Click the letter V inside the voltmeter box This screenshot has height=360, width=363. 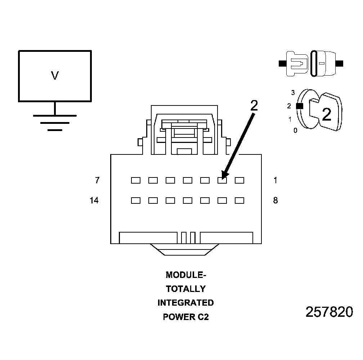[x=55, y=76]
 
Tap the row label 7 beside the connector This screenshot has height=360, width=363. [x=97, y=180]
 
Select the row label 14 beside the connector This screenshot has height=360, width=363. [x=94, y=201]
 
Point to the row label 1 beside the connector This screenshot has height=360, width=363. [x=275, y=180]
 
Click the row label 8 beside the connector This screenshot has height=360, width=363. [x=275, y=201]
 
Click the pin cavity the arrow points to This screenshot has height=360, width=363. [x=222, y=180]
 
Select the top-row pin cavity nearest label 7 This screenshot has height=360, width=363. [x=136, y=180]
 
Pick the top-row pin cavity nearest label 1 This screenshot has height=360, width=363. [x=239, y=180]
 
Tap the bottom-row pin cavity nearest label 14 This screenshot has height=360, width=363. [x=136, y=201]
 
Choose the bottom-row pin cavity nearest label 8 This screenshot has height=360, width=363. [x=239, y=201]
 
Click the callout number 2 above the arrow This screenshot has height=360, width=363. [x=254, y=105]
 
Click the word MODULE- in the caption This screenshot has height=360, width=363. [x=186, y=275]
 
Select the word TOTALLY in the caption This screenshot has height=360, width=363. [x=186, y=289]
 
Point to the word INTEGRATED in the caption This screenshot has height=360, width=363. [x=186, y=303]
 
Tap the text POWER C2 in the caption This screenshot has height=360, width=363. [x=186, y=317]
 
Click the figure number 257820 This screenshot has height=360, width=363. [x=329, y=312]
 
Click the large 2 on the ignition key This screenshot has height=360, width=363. [x=326, y=114]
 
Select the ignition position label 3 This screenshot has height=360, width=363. [x=293, y=93]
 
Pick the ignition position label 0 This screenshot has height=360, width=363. [x=295, y=131]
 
